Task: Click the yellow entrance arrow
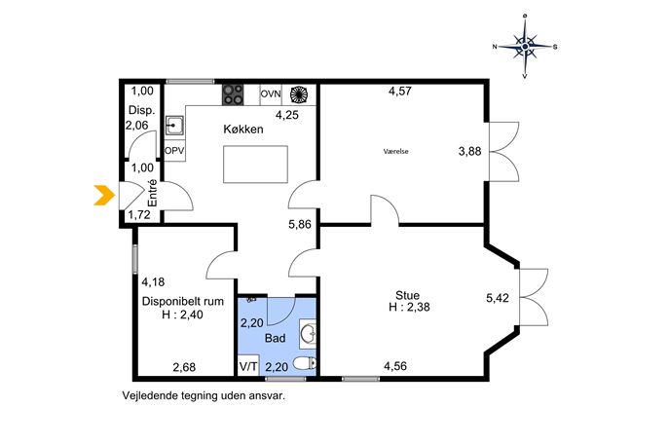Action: click(x=104, y=196)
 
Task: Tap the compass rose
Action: click(x=525, y=46)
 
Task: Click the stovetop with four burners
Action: click(x=233, y=94)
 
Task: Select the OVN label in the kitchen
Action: click(x=271, y=93)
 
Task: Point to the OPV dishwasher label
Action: click(x=174, y=151)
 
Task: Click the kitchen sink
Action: click(x=174, y=126)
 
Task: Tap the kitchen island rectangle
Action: click(x=255, y=165)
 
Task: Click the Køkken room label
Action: click(x=243, y=129)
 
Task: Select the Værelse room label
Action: click(x=395, y=151)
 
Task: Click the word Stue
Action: click(x=407, y=295)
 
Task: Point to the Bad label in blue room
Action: click(x=276, y=338)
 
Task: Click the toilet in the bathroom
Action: click(x=306, y=363)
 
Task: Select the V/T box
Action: click(x=248, y=366)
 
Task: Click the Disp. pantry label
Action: click(x=141, y=110)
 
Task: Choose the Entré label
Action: click(x=152, y=193)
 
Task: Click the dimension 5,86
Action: click(x=300, y=224)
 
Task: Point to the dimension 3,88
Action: click(x=469, y=152)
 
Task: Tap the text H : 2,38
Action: click(x=409, y=307)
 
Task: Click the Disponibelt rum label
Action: click(x=183, y=301)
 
